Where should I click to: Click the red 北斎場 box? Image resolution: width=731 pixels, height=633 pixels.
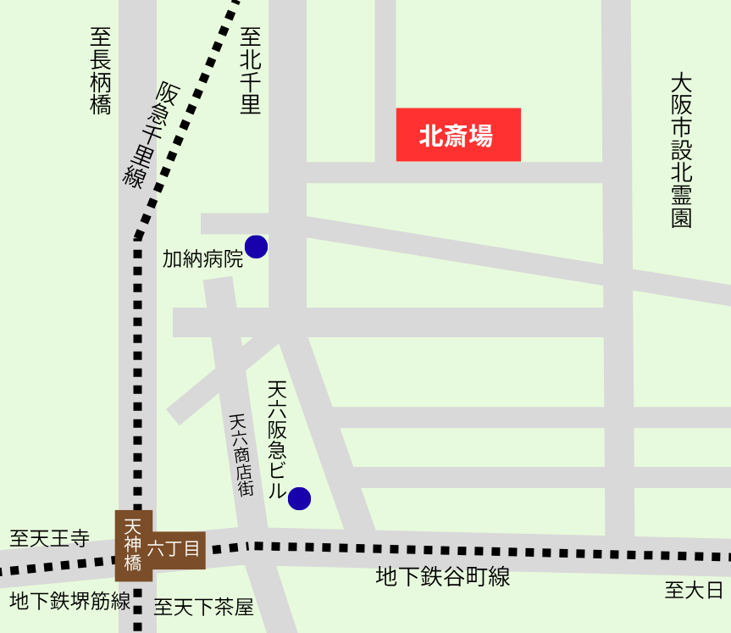tap(458, 135)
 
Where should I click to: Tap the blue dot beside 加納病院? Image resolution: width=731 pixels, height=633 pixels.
tap(256, 247)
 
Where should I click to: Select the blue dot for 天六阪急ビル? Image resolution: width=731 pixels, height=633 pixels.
tap(299, 499)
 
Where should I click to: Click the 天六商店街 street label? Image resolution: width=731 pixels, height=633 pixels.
tap(241, 454)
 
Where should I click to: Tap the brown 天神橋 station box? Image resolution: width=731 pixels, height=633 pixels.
tap(133, 546)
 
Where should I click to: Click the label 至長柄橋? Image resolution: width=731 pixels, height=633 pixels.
tap(100, 70)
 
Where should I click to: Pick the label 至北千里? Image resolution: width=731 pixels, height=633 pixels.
tap(250, 70)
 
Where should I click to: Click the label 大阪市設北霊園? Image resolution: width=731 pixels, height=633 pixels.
tap(682, 151)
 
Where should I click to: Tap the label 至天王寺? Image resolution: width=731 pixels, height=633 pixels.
tap(49, 538)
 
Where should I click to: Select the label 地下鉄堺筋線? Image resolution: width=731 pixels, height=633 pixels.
tap(70, 602)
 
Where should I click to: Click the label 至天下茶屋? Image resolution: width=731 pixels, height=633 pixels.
tap(203, 607)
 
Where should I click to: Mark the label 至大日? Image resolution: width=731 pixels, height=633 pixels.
tap(695, 590)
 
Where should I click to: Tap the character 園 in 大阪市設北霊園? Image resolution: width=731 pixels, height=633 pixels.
tap(682, 218)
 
